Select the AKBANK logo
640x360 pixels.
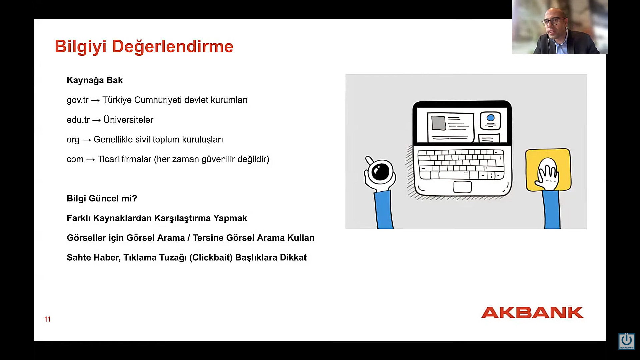click(x=532, y=313)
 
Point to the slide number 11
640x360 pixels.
click(x=47, y=319)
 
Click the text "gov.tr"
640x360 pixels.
click(x=78, y=100)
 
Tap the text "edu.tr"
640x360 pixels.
click(x=78, y=120)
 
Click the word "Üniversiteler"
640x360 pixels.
click(x=128, y=120)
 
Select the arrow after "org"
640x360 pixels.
click(x=86, y=140)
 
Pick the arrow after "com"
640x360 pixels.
click(x=91, y=160)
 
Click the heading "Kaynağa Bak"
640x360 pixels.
click(x=95, y=80)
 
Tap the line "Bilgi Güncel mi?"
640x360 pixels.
click(x=102, y=199)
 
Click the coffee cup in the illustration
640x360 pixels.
click(x=380, y=172)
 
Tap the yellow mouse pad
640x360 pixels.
click(x=548, y=170)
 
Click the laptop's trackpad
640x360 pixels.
click(x=463, y=187)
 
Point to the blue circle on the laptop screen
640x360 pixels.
click(x=490, y=118)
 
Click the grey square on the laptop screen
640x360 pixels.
click(x=439, y=123)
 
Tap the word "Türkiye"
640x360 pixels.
click(x=117, y=100)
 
